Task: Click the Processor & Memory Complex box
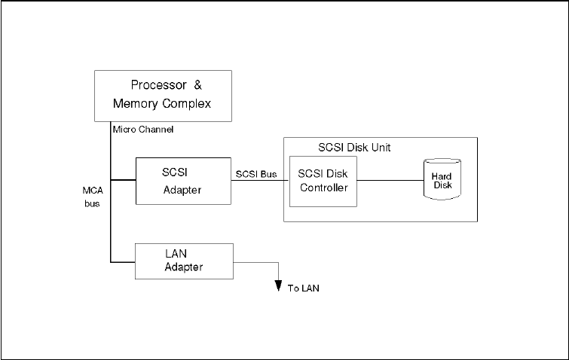pyautogui.click(x=162, y=95)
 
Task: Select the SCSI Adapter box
pyautogui.click(x=182, y=181)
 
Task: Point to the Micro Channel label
pyautogui.click(x=143, y=130)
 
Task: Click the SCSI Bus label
pyautogui.click(x=256, y=174)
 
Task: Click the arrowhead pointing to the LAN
pyautogui.click(x=279, y=285)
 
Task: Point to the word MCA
pyautogui.click(x=92, y=191)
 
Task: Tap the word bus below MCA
pyautogui.click(x=92, y=203)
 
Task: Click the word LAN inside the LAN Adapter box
pyautogui.click(x=176, y=253)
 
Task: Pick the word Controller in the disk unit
pyautogui.click(x=323, y=188)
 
